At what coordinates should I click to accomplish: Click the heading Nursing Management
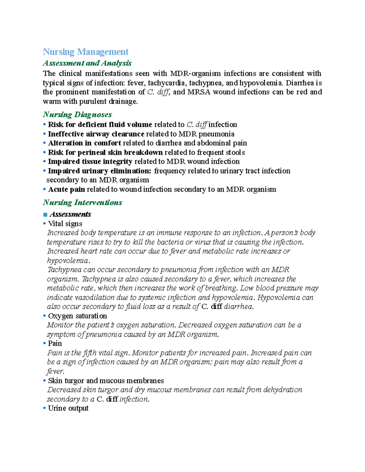85,52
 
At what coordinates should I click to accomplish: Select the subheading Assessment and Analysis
87,63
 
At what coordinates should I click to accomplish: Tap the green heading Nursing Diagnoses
77,115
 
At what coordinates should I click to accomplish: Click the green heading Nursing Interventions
82,202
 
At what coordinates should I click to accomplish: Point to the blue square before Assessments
45,215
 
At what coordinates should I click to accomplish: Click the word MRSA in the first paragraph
199,92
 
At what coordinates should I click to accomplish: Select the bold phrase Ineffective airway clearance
96,134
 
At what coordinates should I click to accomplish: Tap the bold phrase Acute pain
66,189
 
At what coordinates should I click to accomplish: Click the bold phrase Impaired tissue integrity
90,161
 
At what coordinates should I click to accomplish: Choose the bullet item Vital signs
65,224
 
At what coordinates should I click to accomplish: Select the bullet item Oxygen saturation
77,316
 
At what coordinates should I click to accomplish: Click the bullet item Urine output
68,408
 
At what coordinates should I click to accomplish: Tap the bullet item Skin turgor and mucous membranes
106,381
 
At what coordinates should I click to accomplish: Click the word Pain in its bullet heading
55,343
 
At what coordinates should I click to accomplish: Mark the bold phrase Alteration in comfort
85,143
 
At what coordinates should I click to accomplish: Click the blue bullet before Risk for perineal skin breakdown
44,153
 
